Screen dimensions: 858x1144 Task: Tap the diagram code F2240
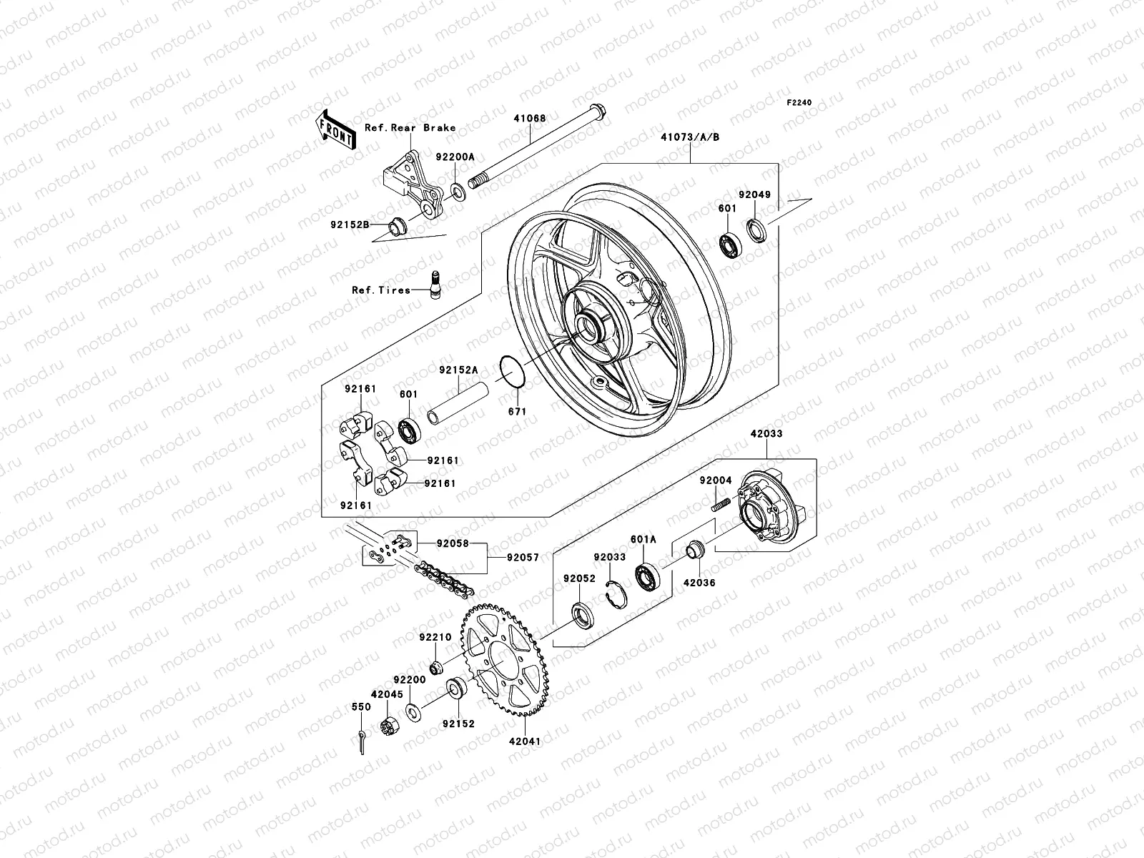800,103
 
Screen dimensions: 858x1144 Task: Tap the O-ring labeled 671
513,372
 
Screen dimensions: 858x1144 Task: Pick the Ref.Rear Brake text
430,128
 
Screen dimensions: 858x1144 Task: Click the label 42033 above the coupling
766,433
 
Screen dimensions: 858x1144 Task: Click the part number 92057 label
523,558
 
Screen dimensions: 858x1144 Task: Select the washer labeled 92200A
458,192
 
